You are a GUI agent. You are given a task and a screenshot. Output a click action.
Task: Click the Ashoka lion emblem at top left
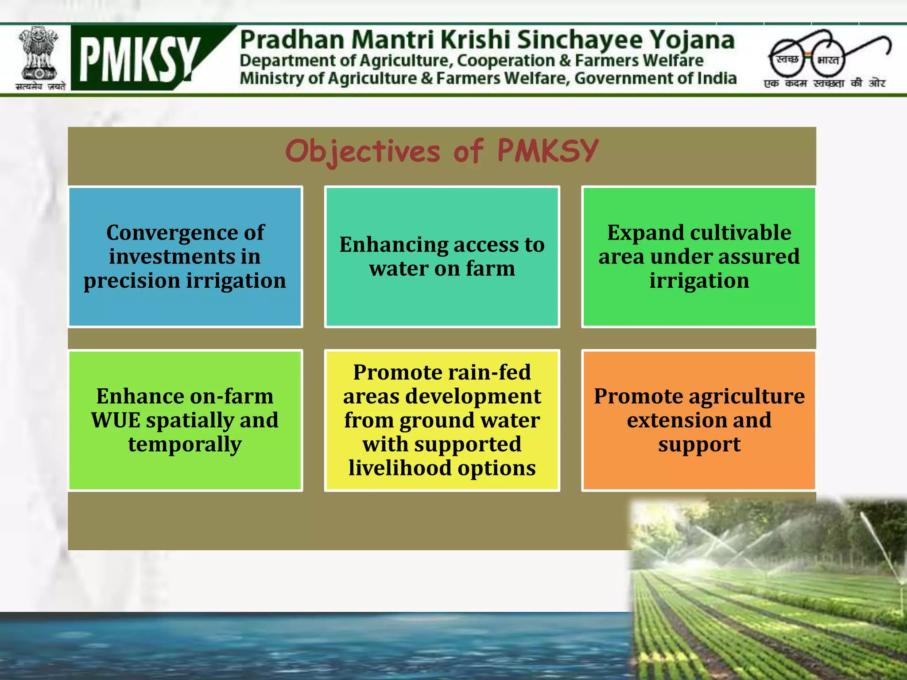click(39, 53)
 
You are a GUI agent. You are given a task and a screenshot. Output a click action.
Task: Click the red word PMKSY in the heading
click(548, 151)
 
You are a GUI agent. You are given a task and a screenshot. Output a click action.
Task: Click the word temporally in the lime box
click(185, 444)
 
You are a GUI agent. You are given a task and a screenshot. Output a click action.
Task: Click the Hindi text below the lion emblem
click(40, 86)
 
